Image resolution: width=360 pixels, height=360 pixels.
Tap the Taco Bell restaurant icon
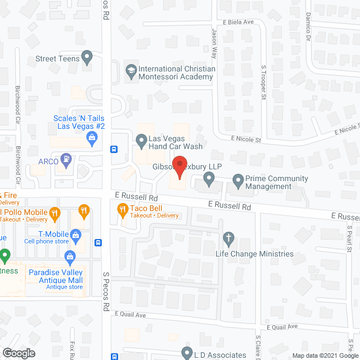point(122,211)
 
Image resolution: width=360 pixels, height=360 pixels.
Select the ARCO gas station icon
point(66,159)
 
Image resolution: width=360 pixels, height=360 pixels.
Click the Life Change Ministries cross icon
point(228,239)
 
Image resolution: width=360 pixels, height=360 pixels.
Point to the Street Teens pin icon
point(87,56)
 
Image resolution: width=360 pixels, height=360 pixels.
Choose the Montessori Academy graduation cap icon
point(130,70)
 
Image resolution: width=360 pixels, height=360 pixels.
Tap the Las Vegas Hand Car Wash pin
point(141,139)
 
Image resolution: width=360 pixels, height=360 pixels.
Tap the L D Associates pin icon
point(187,353)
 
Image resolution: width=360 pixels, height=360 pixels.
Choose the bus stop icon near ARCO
point(114,150)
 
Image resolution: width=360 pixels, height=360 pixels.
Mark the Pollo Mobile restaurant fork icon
point(55,213)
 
